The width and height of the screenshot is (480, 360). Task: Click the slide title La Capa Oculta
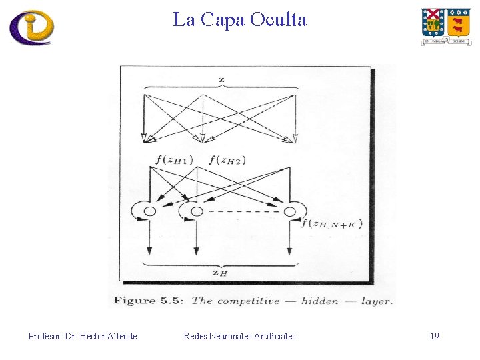[x=240, y=20]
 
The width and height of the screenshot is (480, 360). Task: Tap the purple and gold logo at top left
[x=31, y=27]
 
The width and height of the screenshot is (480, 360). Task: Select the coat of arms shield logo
[x=445, y=26]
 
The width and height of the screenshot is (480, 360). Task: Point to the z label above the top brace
[x=221, y=80]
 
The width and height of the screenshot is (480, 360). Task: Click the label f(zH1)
[x=174, y=159]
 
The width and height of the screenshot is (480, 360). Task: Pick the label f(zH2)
[x=227, y=159]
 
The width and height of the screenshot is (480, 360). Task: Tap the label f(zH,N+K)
[x=331, y=223]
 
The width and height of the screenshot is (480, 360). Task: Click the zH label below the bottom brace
[x=219, y=271]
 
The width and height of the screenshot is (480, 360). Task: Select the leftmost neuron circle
[x=150, y=211]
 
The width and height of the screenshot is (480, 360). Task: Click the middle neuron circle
[x=197, y=211]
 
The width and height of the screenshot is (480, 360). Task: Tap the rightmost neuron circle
[x=290, y=211]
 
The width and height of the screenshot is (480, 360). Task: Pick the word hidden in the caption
[x=319, y=301]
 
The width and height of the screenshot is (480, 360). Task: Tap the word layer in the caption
[x=376, y=301]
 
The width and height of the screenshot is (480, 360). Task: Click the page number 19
[x=435, y=336]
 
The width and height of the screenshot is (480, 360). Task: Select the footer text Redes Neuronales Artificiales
[x=239, y=336]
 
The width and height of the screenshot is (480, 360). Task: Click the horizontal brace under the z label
[x=220, y=89]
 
